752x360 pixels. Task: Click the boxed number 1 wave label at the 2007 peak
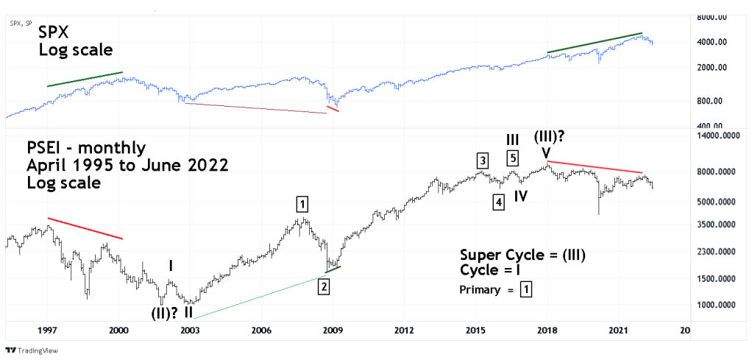(x=303, y=204)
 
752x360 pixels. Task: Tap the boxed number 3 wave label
(x=481, y=160)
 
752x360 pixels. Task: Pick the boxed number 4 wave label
(x=498, y=202)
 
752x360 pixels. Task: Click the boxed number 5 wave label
(x=513, y=157)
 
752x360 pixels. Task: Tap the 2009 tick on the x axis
(x=333, y=330)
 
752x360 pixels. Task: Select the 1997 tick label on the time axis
(x=48, y=330)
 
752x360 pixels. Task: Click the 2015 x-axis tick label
(x=476, y=330)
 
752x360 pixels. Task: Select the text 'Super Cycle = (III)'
(x=522, y=255)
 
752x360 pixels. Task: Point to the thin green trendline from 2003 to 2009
(x=258, y=295)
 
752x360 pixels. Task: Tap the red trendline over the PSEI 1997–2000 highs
(x=85, y=228)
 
